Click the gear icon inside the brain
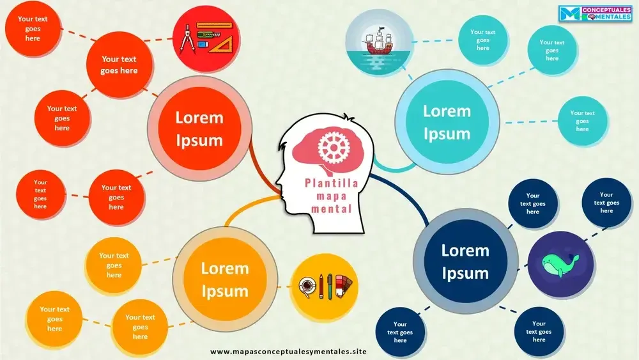point(331,147)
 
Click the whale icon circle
point(560,262)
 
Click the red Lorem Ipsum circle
point(199,129)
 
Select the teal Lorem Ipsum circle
point(447,122)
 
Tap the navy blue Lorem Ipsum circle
point(465,262)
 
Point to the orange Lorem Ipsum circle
point(224,279)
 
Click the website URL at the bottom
point(288,352)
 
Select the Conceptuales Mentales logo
point(595,13)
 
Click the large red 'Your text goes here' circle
point(119,65)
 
